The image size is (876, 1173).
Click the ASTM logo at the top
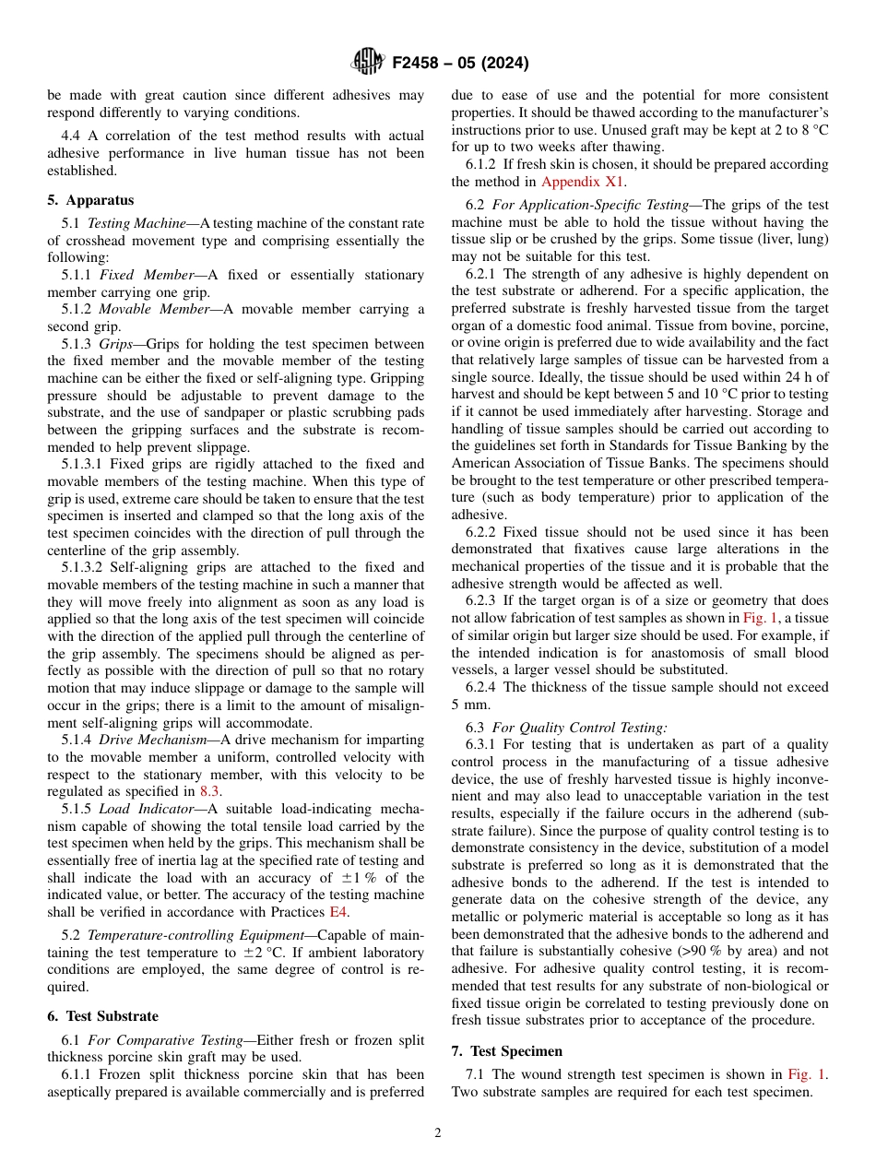[x=367, y=63]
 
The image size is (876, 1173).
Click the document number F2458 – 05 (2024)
[x=460, y=64]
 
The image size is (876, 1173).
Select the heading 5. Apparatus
[x=90, y=200]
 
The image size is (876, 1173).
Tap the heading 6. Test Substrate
[x=103, y=1016]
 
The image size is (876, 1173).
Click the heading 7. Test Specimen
[x=507, y=1051]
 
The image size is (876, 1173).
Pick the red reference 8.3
[x=210, y=791]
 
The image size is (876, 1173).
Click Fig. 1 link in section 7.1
[x=806, y=1074]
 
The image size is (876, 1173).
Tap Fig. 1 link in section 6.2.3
[x=761, y=619]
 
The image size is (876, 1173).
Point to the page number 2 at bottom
[x=438, y=1133]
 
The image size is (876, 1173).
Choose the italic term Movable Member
[x=148, y=309]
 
